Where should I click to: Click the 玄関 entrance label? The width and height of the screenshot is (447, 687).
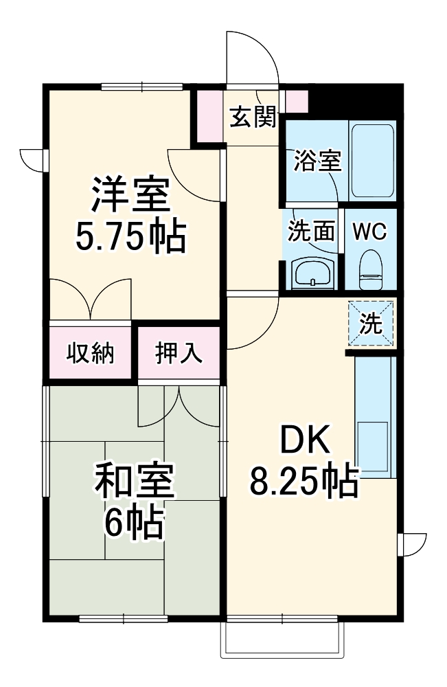[x=253, y=117]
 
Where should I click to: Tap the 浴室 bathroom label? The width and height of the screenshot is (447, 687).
[x=317, y=161]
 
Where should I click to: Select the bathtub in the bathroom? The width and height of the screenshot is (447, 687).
[x=373, y=161]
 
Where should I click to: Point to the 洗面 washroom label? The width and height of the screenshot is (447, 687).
[x=311, y=230]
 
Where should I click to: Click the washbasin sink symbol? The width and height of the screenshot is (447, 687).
[x=312, y=273]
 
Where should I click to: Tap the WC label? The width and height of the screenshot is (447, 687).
[x=369, y=231]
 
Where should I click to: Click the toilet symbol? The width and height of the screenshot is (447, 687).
[x=371, y=270]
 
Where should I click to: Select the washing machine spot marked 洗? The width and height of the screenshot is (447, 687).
[x=371, y=324]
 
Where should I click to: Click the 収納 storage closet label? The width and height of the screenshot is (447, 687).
[x=90, y=353]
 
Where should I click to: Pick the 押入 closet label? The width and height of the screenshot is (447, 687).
[x=179, y=353]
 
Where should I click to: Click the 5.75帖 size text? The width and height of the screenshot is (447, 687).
[x=131, y=238]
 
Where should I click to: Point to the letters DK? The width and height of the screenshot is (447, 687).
[x=305, y=440]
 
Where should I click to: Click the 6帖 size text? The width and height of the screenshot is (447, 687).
[x=134, y=523]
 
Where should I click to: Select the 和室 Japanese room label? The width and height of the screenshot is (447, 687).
[x=135, y=481]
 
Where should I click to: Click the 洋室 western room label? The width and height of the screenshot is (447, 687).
[x=130, y=194]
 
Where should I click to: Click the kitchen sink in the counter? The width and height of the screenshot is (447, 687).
[x=373, y=447]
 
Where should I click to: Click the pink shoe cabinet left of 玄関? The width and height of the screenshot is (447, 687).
[x=209, y=116]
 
